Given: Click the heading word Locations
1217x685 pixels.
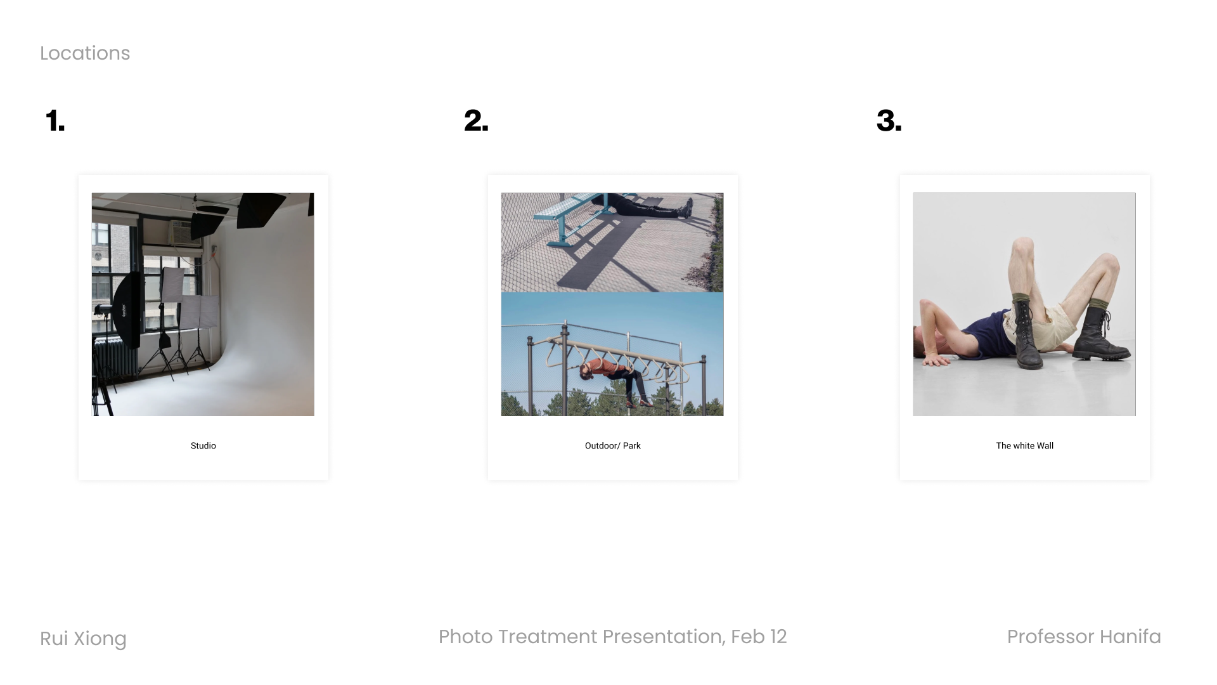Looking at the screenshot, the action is pos(85,53).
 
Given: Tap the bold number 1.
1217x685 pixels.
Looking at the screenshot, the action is pos(55,121).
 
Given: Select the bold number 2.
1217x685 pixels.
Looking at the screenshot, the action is pos(476,121).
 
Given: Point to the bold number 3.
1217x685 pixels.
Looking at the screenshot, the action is pos(889,121).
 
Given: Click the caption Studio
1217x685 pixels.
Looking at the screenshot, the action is pos(203,446).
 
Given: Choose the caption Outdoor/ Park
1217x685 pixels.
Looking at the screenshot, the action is pos(613,446).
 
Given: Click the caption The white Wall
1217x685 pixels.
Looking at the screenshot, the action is pos(1025,446).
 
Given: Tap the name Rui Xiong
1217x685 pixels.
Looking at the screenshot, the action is pos(83,639).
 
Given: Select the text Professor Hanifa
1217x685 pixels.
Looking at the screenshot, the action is pos(1084,637).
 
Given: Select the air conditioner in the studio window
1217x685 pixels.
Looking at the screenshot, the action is pos(184,233).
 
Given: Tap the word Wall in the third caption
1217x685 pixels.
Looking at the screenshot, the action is pos(1045,446).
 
